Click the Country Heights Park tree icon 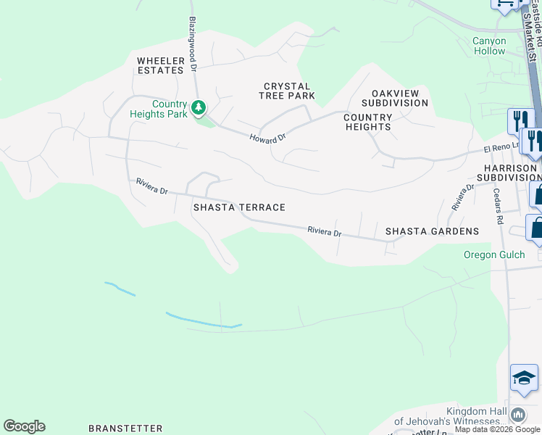point(198,109)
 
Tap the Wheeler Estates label point(160,65)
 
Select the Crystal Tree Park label point(288,91)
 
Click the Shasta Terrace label point(239,207)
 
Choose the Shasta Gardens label point(432,231)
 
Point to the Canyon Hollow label point(489,46)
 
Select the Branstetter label point(124,428)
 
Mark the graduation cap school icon point(524,378)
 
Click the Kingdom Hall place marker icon point(518,415)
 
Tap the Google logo point(24,426)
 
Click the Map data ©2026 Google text point(498,430)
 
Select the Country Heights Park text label point(159,109)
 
